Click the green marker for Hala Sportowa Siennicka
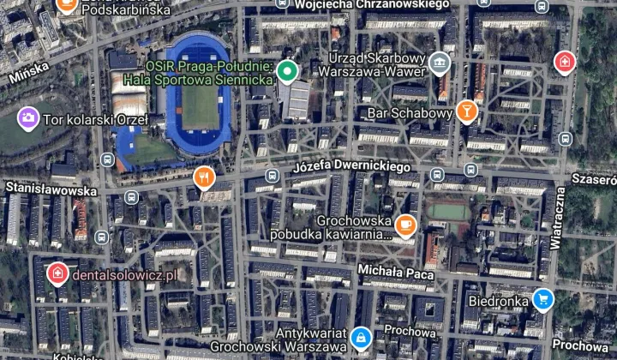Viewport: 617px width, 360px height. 288,70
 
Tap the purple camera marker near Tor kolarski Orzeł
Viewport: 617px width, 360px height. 27,116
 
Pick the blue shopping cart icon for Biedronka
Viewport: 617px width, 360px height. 542,299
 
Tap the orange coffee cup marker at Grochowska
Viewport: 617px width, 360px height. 405,226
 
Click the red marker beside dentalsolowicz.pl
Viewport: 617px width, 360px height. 57,273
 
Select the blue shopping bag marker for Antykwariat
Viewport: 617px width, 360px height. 361,337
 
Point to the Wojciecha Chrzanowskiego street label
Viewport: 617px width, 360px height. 371,5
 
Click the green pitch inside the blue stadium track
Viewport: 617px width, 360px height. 200,99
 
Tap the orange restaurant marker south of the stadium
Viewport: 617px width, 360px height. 203,178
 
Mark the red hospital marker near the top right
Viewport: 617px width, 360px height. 564,62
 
